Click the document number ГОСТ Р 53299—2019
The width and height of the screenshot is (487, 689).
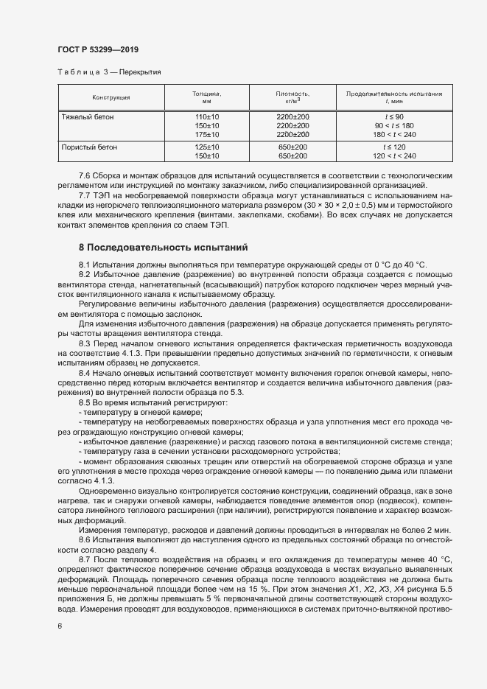point(98,49)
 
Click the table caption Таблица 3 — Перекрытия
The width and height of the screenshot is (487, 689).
point(109,72)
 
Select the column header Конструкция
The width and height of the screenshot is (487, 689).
point(111,97)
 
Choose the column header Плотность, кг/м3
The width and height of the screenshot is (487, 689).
point(292,97)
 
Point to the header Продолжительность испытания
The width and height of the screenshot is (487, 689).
point(394,94)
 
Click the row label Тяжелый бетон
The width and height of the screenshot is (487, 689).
point(87,117)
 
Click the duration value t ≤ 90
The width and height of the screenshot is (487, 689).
point(394,117)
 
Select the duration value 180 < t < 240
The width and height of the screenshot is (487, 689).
point(394,135)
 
